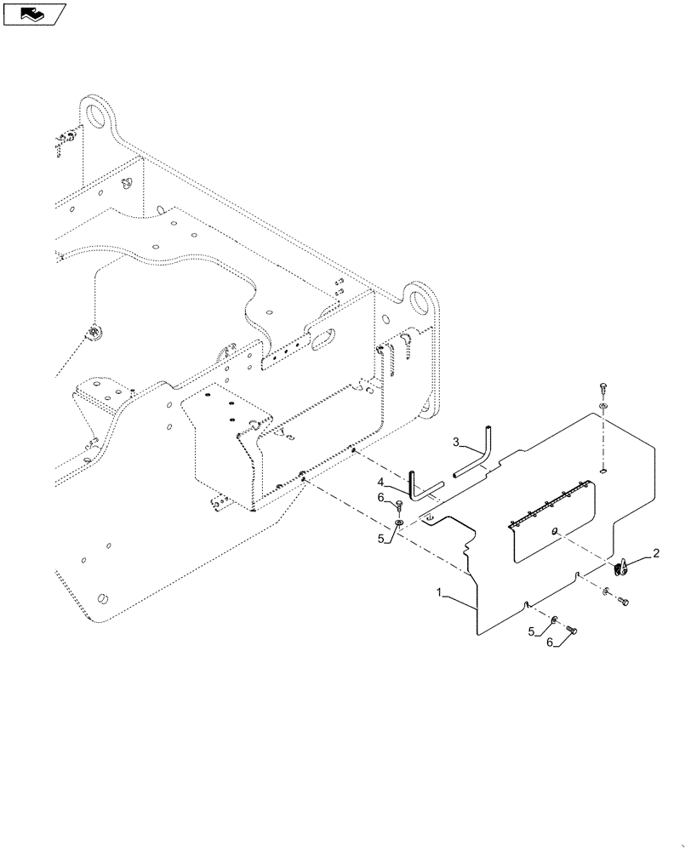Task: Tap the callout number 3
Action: click(457, 443)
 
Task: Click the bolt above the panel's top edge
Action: click(602, 387)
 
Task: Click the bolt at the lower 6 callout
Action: click(570, 629)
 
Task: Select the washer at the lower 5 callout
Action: click(554, 619)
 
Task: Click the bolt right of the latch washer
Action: click(622, 602)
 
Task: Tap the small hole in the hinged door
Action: click(553, 532)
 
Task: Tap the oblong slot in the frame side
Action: click(326, 340)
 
